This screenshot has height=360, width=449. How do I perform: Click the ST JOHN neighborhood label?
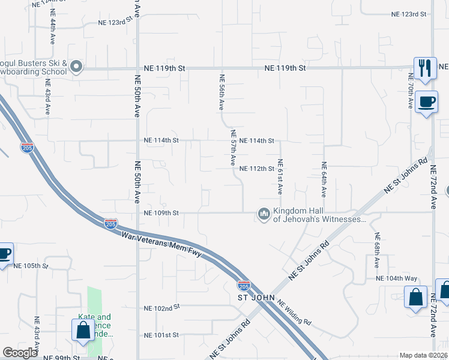[x=256, y=297]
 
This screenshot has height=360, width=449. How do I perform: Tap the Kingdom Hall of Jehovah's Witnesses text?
[x=319, y=215]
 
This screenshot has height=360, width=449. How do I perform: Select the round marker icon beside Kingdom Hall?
[x=264, y=214]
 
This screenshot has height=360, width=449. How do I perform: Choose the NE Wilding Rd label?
[x=295, y=313]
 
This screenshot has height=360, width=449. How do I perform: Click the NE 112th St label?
[x=257, y=169]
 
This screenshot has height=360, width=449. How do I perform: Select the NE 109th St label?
[x=161, y=213]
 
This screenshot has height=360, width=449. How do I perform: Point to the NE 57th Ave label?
[x=233, y=148]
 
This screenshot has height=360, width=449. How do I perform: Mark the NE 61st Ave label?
[x=280, y=176]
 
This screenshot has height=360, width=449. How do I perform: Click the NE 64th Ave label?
[x=324, y=179]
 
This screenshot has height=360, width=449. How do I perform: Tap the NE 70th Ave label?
[x=411, y=92]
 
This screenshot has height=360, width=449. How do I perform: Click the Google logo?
[x=20, y=353]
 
